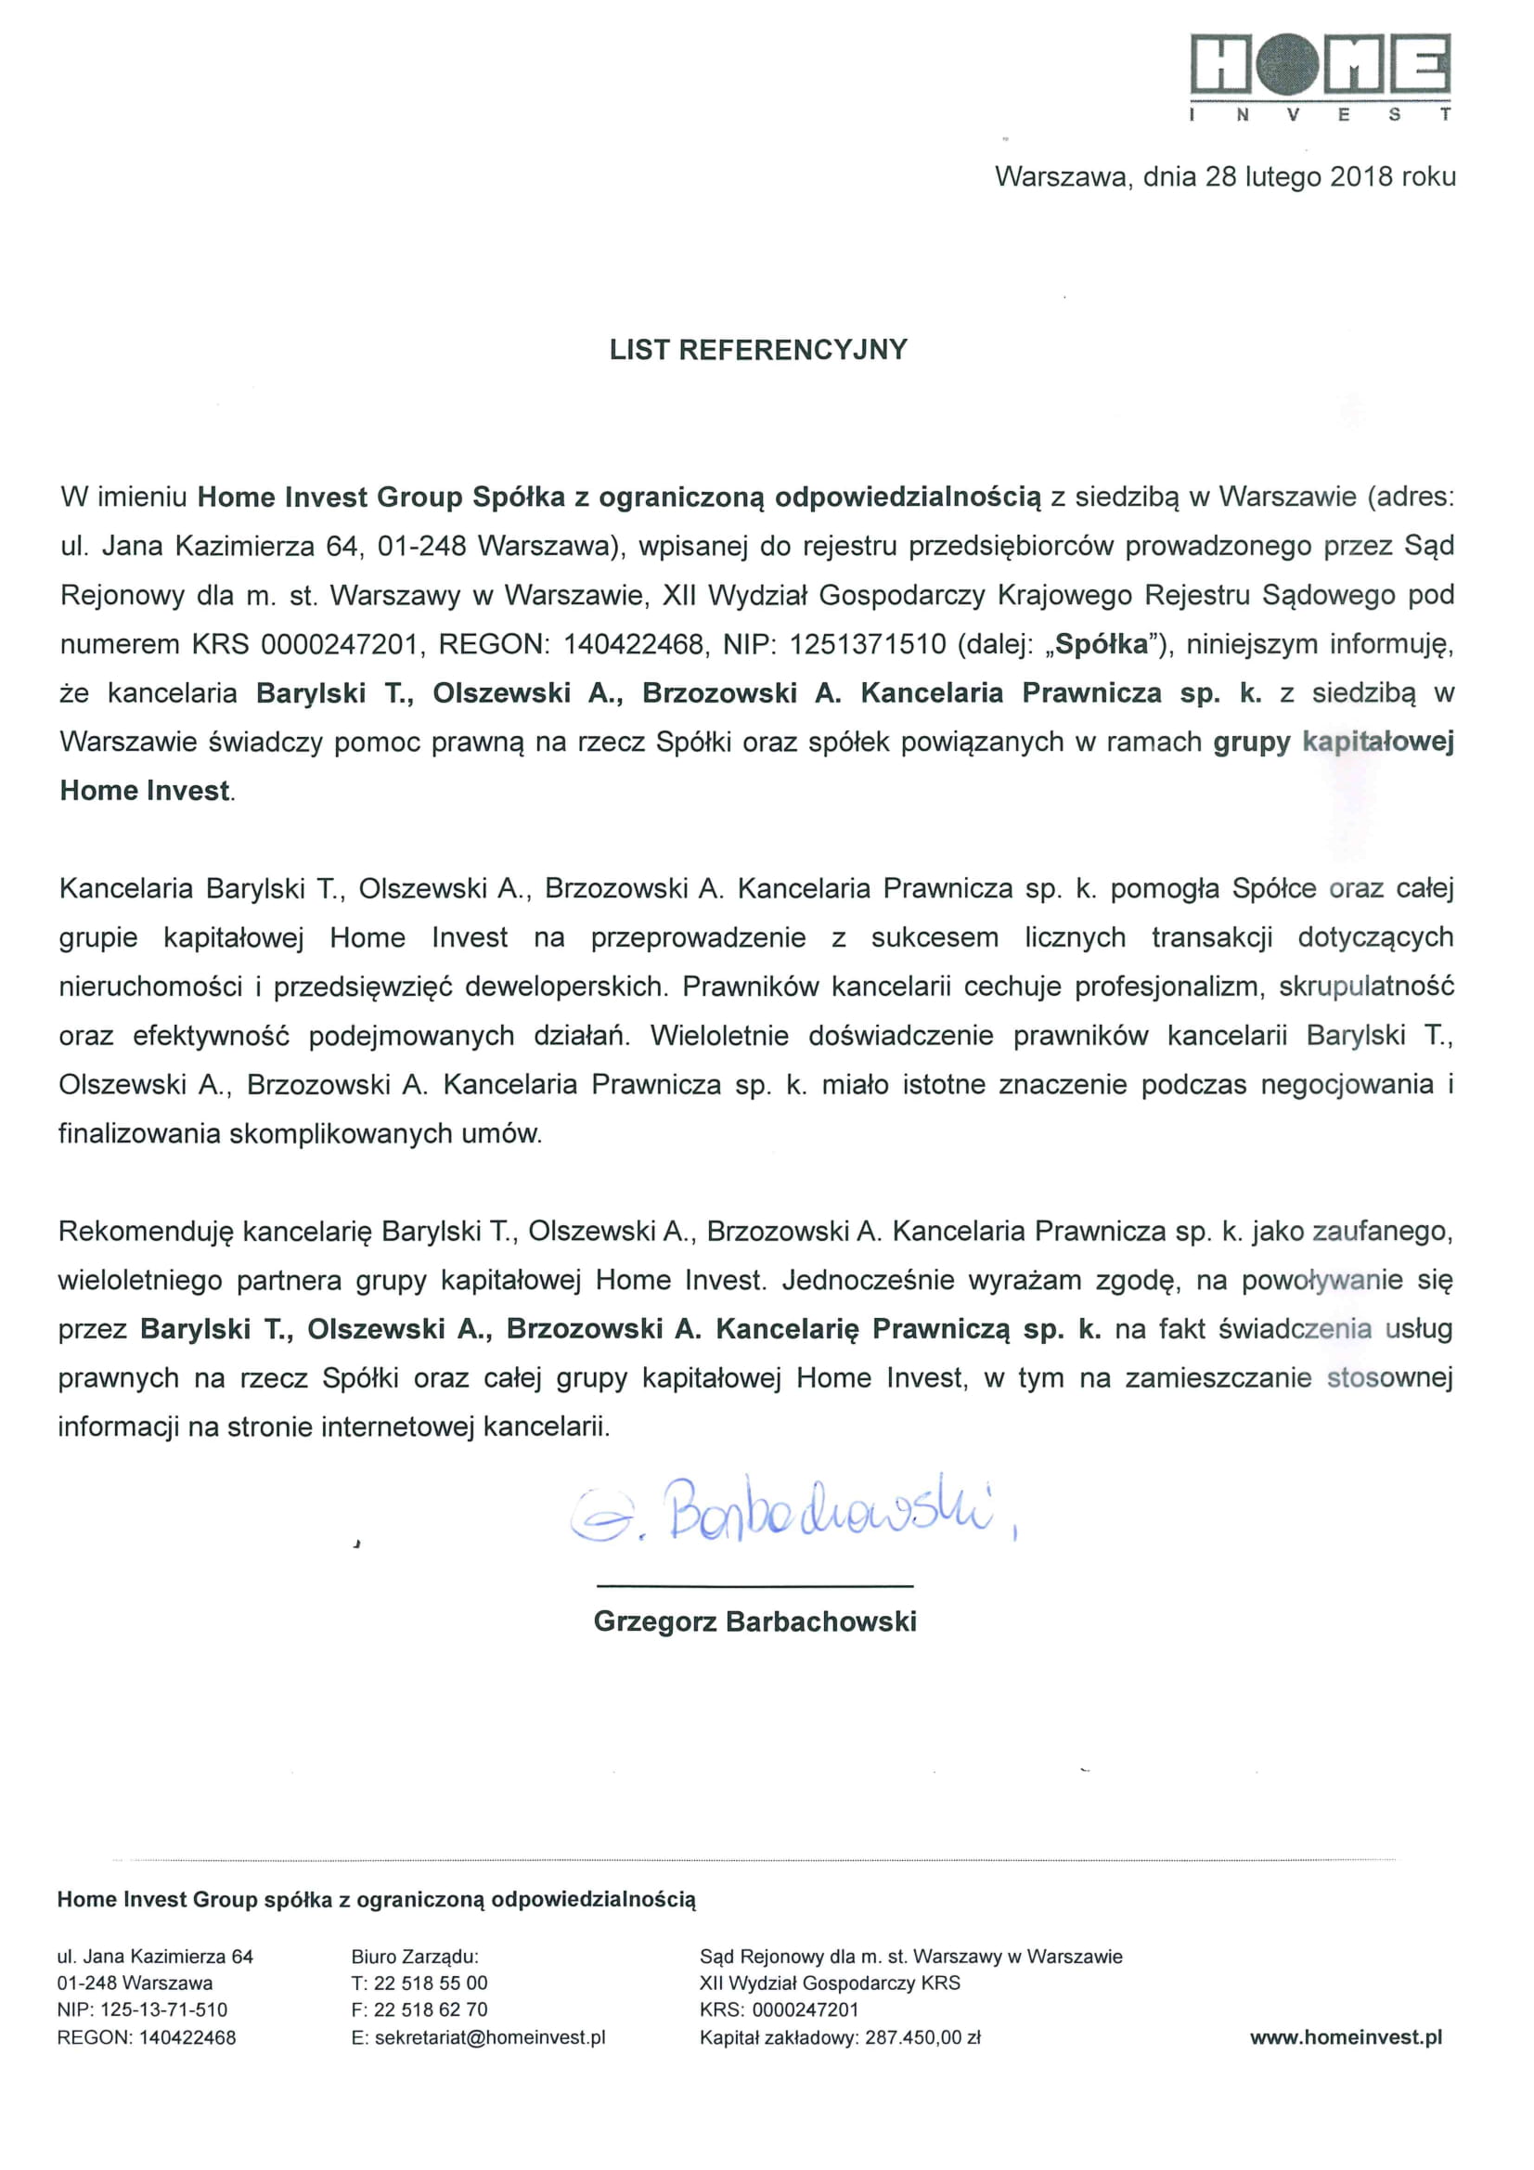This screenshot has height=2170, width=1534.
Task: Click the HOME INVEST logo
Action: click(x=1320, y=76)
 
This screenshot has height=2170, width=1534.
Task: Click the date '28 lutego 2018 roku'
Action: click(x=1330, y=176)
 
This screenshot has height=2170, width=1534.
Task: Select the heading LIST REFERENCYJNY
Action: click(x=758, y=350)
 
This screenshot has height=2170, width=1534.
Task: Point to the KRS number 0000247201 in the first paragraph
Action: click(x=340, y=644)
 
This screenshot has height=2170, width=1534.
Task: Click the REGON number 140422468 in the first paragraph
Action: click(x=633, y=644)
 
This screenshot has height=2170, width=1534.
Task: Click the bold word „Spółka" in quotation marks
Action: click(x=1101, y=644)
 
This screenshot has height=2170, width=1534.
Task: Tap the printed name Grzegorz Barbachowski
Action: click(x=754, y=1621)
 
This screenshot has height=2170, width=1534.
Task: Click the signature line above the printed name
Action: click(x=754, y=1585)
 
